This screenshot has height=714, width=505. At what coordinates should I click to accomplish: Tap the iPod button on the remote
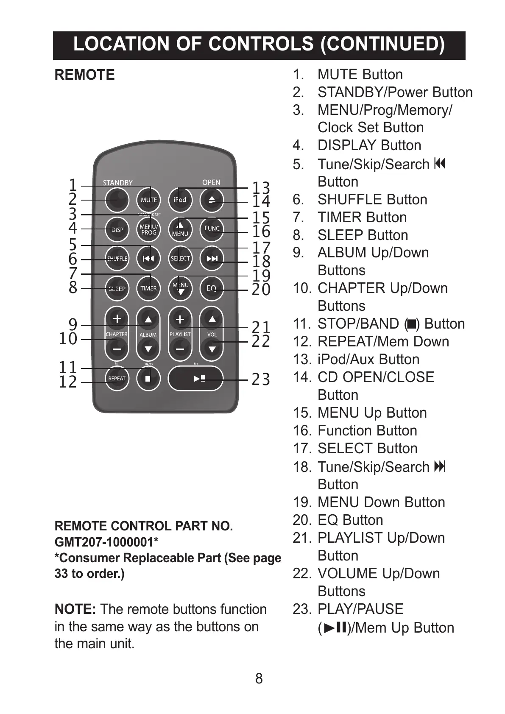180,200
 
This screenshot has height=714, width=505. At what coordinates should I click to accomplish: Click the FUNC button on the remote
212,229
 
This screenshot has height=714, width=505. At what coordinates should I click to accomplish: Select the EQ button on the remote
212,288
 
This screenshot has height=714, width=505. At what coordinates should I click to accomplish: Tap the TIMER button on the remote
148,288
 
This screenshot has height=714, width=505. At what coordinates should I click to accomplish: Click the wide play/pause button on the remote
195,378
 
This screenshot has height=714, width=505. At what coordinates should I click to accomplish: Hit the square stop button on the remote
148,378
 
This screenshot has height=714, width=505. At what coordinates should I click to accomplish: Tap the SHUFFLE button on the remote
117,259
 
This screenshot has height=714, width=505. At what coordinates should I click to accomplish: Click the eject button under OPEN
212,200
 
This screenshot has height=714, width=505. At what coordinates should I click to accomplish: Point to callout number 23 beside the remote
261,379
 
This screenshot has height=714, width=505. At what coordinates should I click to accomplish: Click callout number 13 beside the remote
261,188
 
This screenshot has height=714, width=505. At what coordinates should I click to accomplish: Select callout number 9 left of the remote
73,325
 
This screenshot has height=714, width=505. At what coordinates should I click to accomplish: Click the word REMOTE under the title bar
85,75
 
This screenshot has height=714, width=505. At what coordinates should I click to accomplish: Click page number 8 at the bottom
259,678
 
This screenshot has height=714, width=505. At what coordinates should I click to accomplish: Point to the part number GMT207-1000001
106,542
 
